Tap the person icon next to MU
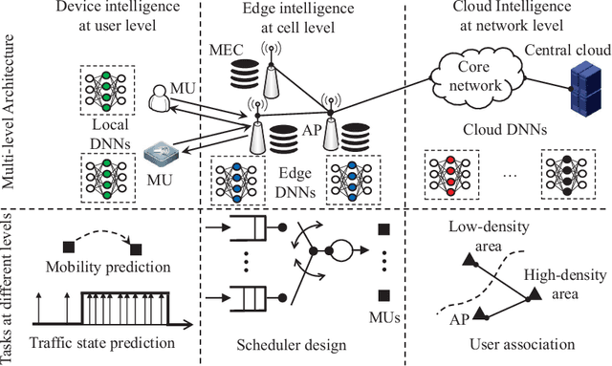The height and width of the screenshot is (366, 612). coord(157,97)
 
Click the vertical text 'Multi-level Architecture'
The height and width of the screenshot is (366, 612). coord(11,115)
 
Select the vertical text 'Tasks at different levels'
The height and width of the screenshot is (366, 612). coord(11,288)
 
